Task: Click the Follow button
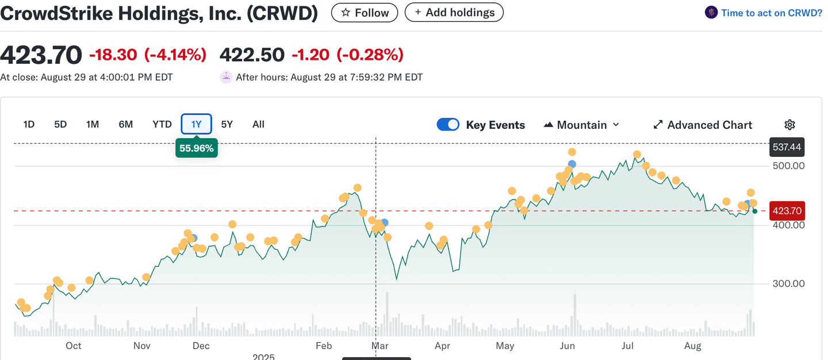[x=365, y=13]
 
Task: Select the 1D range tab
[x=29, y=124]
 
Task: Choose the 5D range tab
[x=60, y=124]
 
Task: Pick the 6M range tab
[x=125, y=124]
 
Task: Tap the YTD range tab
[x=162, y=124]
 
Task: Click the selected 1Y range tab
[x=197, y=124]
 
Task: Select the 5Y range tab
[x=227, y=124]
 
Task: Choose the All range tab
[x=258, y=124]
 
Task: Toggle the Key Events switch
[x=448, y=125]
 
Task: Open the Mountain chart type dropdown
[x=581, y=125]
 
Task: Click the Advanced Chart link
[x=703, y=125]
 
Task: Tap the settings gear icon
[x=790, y=125]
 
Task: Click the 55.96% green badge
[x=197, y=148]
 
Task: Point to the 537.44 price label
[x=787, y=147]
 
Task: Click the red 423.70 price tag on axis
[x=787, y=211]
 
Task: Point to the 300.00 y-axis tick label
[x=788, y=284]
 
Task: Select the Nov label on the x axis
[x=141, y=346]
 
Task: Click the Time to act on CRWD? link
[x=764, y=13]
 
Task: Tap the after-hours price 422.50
[x=252, y=55]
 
